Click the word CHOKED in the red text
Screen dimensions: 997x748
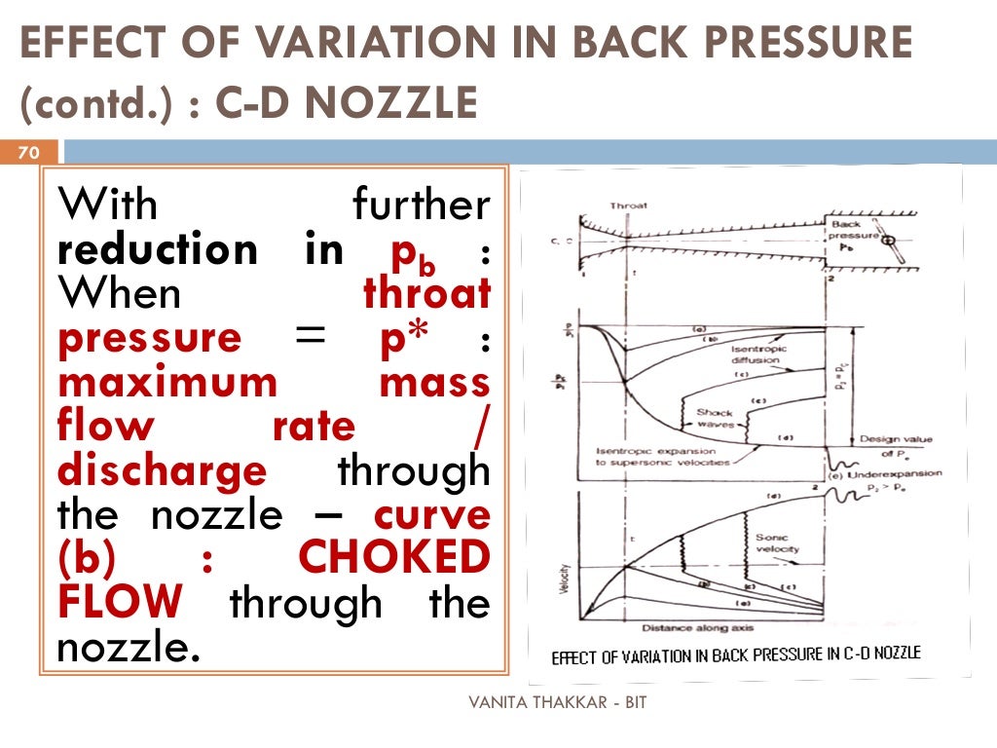point(393,558)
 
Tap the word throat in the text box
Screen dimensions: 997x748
point(426,294)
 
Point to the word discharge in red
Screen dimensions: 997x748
point(162,470)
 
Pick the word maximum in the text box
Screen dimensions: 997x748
point(168,383)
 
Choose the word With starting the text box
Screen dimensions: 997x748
point(108,206)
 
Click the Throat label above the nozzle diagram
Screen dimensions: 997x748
point(628,206)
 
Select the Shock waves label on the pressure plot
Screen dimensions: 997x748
point(714,419)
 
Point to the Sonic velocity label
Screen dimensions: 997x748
point(777,543)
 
